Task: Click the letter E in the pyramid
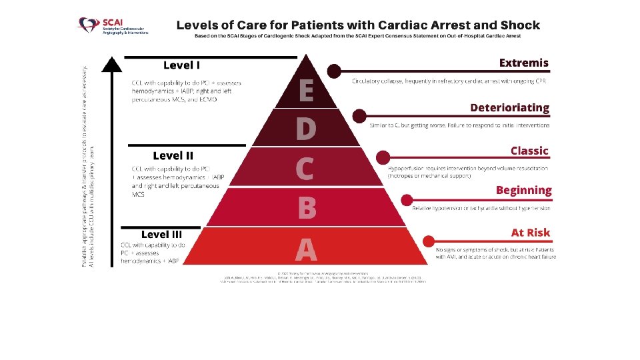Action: [x=305, y=90]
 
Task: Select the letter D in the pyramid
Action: [x=305, y=129]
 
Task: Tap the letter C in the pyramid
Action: [x=305, y=169]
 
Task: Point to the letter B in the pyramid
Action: [x=306, y=209]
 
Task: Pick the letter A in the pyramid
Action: [x=306, y=249]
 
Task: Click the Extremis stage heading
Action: [x=523, y=63]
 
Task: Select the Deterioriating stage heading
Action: [x=509, y=107]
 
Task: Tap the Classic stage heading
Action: [x=529, y=151]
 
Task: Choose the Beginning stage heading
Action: [x=523, y=191]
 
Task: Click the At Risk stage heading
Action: [x=531, y=233]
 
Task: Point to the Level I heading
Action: [x=181, y=65]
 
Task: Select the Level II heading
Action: [x=173, y=156]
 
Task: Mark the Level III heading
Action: [x=161, y=235]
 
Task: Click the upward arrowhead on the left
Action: [x=113, y=63]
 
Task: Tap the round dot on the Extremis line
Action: [x=334, y=70]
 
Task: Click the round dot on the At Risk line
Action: [x=430, y=240]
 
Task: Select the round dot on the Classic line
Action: [x=383, y=157]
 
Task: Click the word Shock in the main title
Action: [x=519, y=25]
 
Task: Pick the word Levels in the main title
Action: [x=197, y=25]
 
